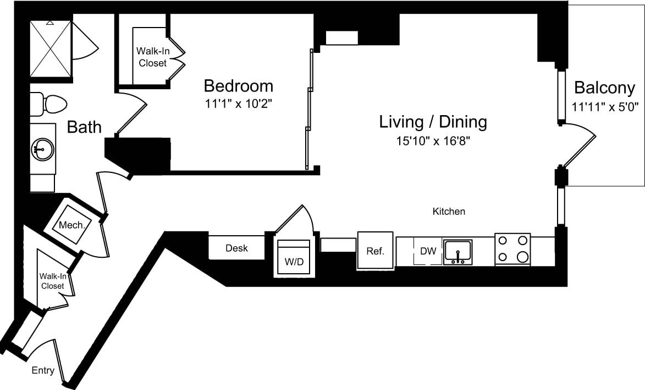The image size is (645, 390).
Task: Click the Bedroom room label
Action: click(x=238, y=86)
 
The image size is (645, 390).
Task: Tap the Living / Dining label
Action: click(x=433, y=122)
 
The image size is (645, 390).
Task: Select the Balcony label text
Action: click(x=604, y=88)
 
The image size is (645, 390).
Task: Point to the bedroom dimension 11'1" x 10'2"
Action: click(x=238, y=103)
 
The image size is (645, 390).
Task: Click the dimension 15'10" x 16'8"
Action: click(x=433, y=141)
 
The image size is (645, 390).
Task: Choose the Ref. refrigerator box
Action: click(x=375, y=251)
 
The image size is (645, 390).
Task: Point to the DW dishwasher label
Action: click(x=428, y=251)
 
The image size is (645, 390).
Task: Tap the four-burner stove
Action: click(x=512, y=249)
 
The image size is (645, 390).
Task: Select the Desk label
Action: click(x=236, y=248)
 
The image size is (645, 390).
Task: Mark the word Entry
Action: click(x=43, y=371)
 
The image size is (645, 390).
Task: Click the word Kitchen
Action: click(x=449, y=212)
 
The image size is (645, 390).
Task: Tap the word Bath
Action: click(x=84, y=127)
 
